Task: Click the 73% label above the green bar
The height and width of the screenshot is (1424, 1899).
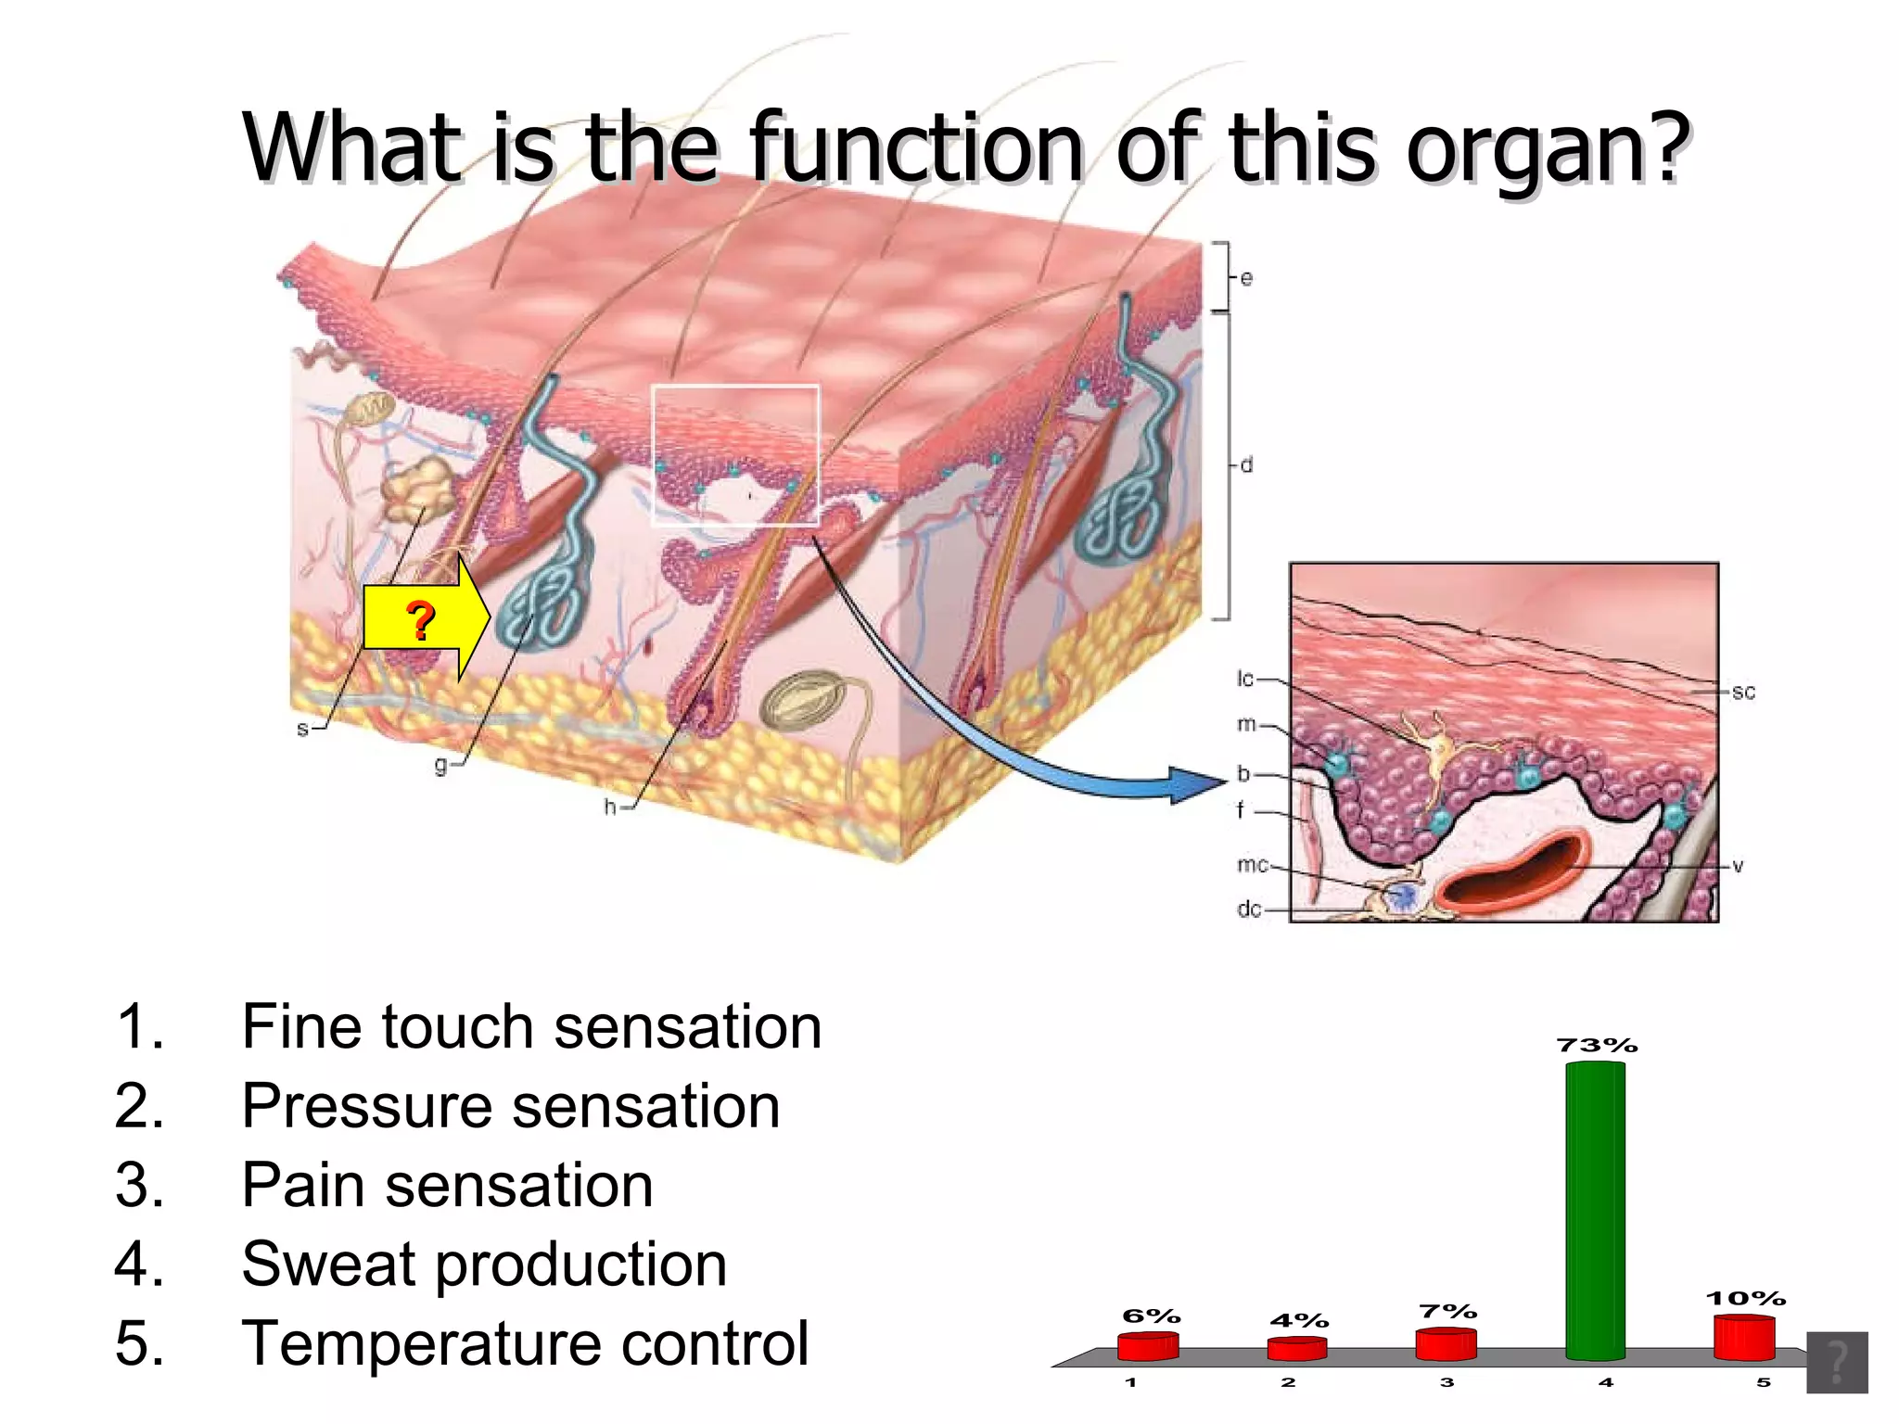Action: point(1597,1046)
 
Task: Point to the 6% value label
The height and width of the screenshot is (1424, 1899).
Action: point(1151,1316)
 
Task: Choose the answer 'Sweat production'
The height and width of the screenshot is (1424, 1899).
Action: point(483,1264)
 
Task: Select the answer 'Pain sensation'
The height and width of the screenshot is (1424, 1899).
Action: point(447,1185)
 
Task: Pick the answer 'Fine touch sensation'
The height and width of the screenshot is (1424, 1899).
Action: point(530,1027)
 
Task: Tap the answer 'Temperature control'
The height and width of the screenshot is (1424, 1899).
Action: point(525,1343)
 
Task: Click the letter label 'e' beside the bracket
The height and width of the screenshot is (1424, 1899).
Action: point(1246,278)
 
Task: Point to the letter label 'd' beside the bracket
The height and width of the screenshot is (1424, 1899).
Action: point(1246,464)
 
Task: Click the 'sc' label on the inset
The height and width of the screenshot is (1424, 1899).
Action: point(1743,692)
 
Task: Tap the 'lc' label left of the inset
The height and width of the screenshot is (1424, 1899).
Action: point(1245,679)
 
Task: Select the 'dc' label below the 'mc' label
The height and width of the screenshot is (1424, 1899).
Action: point(1249,909)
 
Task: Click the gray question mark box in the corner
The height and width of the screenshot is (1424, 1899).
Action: point(1836,1362)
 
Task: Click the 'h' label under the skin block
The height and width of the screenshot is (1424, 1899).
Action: point(609,807)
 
